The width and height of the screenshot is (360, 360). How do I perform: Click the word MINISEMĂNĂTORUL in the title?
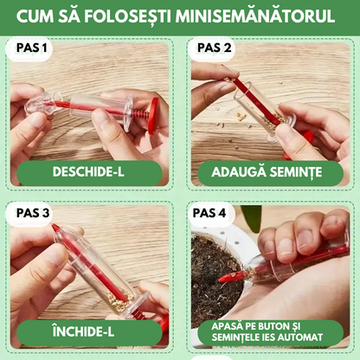260,16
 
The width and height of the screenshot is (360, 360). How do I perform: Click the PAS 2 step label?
214,48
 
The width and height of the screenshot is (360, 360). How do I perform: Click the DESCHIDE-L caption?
89,171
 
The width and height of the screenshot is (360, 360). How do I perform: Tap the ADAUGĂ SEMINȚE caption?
270,171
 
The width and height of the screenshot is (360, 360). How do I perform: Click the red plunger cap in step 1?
152,112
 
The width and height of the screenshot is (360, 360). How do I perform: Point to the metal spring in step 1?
130,112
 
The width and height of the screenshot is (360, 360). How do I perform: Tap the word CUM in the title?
46,16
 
